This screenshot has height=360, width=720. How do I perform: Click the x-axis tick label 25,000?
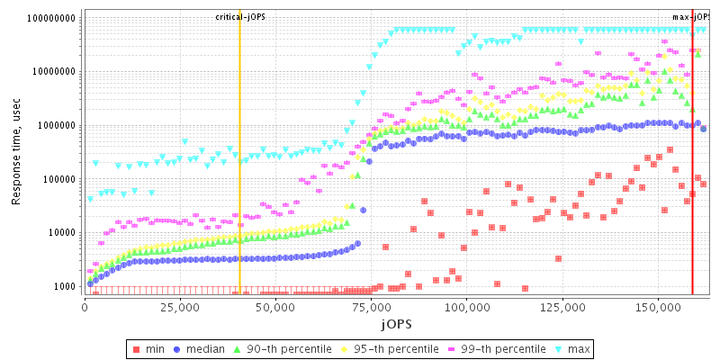pos(180,307)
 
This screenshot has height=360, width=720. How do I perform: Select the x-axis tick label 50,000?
pos(275,307)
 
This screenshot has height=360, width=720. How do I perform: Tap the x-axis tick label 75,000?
pos(371,307)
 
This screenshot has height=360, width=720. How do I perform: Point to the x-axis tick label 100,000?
pos(466,307)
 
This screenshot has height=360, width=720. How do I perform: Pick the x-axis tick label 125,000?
pos(562,307)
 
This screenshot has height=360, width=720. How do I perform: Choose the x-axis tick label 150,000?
pos(658,307)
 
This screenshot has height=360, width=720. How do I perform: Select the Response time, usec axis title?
pos(16,153)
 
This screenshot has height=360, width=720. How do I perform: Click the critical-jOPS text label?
pos(240,18)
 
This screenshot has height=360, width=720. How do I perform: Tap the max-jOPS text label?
pos(690,18)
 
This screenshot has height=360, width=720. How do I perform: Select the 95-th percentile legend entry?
pos(388,347)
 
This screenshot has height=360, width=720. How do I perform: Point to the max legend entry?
pos(572,347)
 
